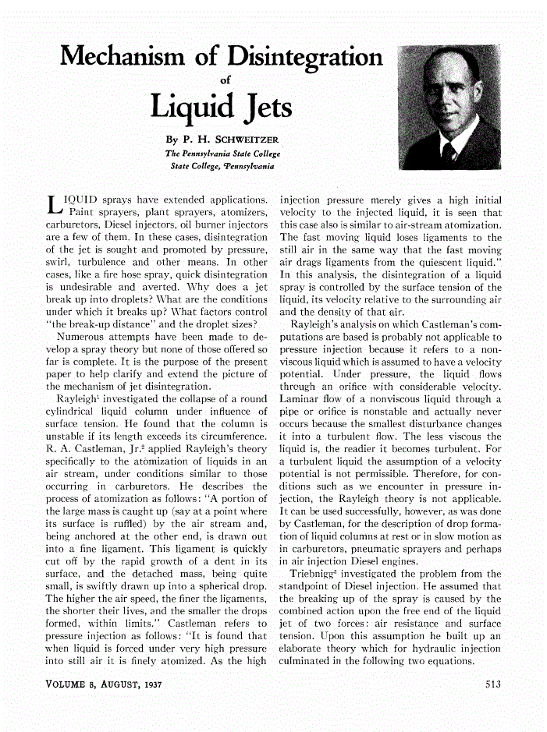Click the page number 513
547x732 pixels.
(488, 685)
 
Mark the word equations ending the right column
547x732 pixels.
(472, 661)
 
